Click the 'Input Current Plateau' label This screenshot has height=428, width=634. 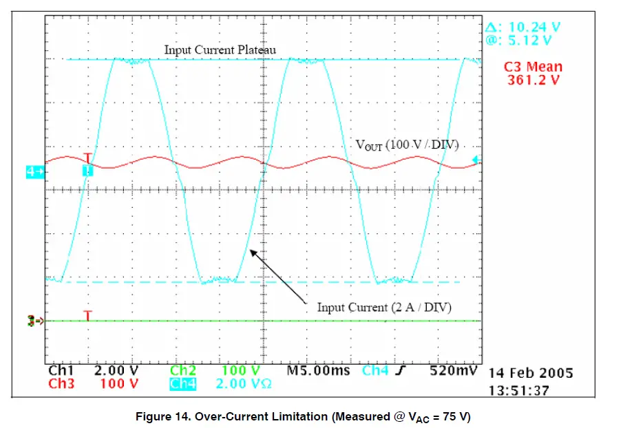point(220,50)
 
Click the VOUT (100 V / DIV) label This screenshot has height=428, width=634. point(407,145)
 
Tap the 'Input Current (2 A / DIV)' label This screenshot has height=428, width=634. point(384,308)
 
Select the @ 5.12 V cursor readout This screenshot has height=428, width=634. point(518,40)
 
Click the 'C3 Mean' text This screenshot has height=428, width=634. point(533,67)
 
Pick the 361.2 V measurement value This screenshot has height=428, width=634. point(534,80)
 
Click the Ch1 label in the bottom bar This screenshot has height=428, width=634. point(61,371)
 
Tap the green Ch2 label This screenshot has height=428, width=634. point(183,371)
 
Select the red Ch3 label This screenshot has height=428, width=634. point(61,383)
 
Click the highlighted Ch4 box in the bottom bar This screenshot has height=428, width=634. point(183,383)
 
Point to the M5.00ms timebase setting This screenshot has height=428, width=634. point(319,371)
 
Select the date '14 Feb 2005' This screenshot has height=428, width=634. point(530,374)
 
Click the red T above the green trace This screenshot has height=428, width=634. point(87,315)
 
